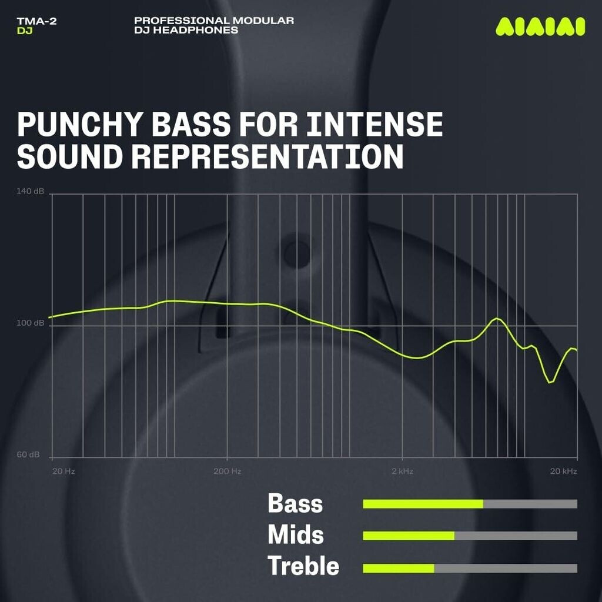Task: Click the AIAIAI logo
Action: pyautogui.click(x=540, y=26)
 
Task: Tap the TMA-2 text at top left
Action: pyautogui.click(x=37, y=21)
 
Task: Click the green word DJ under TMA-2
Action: pyautogui.click(x=25, y=31)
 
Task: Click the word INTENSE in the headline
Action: pyautogui.click(x=374, y=124)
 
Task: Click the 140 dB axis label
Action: pyautogui.click(x=31, y=191)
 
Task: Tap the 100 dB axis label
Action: pyautogui.click(x=31, y=323)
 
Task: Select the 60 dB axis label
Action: pyautogui.click(x=28, y=454)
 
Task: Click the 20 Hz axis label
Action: pyautogui.click(x=63, y=471)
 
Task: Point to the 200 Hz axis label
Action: pyautogui.click(x=228, y=471)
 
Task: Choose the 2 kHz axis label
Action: pyautogui.click(x=402, y=471)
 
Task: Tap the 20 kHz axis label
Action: pyautogui.click(x=564, y=471)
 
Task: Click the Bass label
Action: pyautogui.click(x=295, y=503)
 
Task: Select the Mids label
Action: pyautogui.click(x=296, y=535)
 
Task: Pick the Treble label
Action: pyautogui.click(x=303, y=566)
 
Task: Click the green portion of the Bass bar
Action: pyautogui.click(x=423, y=504)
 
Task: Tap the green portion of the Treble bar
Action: pyautogui.click(x=399, y=568)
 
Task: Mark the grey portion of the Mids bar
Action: pyautogui.click(x=516, y=536)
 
